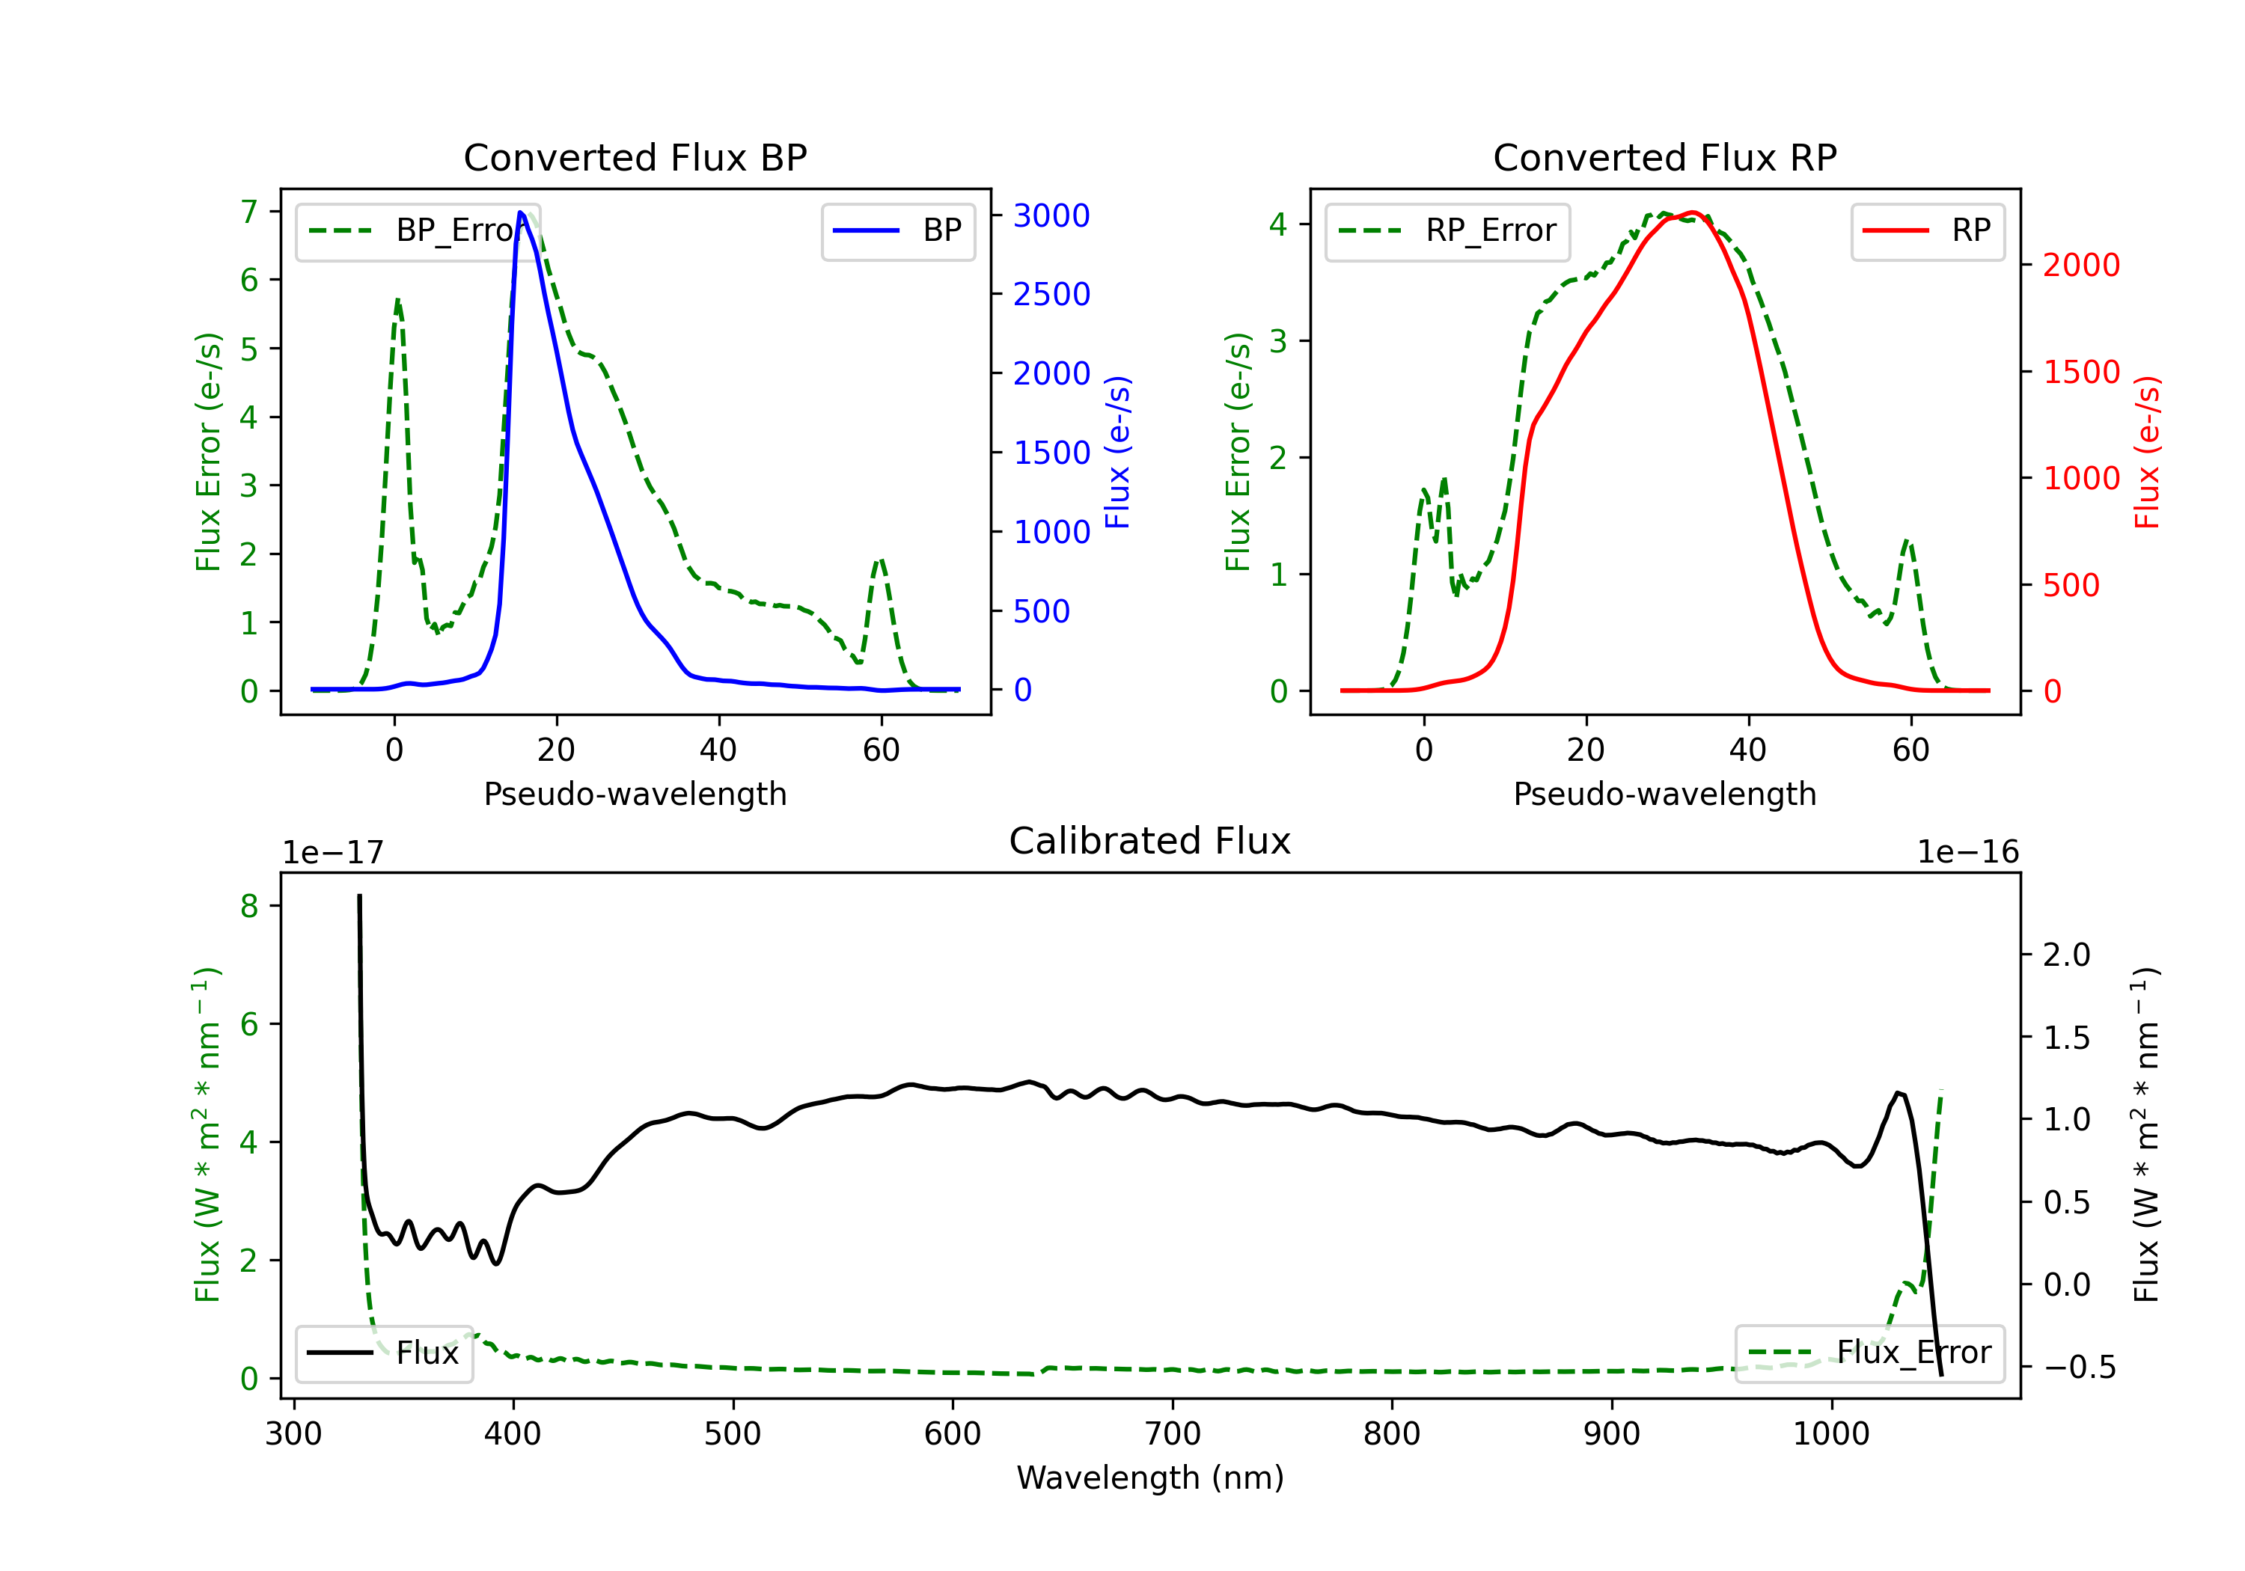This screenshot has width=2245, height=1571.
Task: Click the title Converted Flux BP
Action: tap(635, 157)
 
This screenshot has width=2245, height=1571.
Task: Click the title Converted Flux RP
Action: tap(1664, 157)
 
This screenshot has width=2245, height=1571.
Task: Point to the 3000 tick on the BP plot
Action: tap(1051, 215)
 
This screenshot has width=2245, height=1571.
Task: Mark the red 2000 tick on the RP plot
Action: tap(2080, 265)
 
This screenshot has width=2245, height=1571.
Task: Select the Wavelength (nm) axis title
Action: tap(1150, 1477)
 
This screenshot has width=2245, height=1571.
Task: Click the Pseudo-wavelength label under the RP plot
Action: tap(1664, 794)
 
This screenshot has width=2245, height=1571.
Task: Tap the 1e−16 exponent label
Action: tap(1967, 853)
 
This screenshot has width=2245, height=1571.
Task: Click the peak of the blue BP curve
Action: tap(520, 212)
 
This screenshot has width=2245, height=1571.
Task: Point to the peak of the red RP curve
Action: tap(1693, 212)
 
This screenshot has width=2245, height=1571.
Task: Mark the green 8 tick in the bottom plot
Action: tap(249, 906)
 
